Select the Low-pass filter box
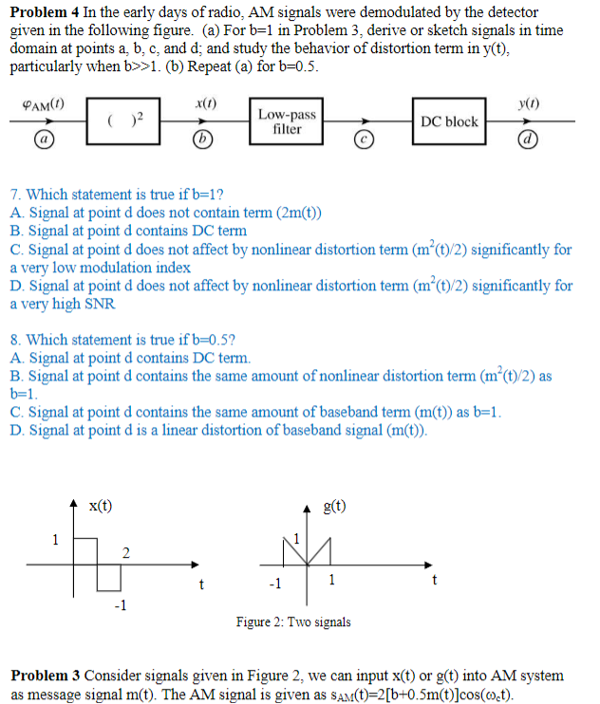[287, 120]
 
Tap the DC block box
[450, 121]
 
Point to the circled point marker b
[199, 140]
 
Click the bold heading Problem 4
[42, 12]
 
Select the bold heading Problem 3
[44, 676]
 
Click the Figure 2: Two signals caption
[293, 622]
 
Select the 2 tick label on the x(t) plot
[125, 553]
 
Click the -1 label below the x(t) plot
[120, 605]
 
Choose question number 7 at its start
[13, 195]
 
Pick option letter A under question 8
[14, 358]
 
